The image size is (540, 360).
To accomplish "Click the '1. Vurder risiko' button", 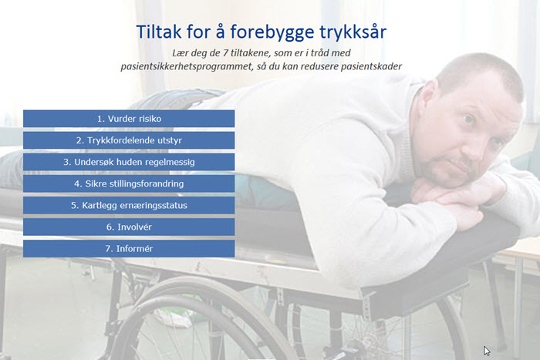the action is (x=129, y=119).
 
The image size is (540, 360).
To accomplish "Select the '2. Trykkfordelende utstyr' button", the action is (x=129, y=140).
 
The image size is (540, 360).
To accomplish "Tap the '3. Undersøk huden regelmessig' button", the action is (x=129, y=162).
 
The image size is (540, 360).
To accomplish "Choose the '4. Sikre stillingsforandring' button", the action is (x=129, y=183).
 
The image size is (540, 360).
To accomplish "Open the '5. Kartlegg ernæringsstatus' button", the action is (x=129, y=206).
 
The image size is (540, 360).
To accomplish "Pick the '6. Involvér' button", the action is (x=129, y=227).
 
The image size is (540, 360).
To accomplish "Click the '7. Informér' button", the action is (x=129, y=248).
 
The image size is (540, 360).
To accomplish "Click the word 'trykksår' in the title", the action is (x=353, y=32).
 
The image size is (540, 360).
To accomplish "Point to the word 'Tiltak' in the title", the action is (x=159, y=32).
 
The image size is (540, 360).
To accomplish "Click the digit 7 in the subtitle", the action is (x=225, y=53).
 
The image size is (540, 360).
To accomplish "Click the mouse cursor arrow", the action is (x=486, y=351).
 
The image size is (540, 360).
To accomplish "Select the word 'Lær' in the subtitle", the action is (x=180, y=53).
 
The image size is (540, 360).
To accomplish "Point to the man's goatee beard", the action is (x=444, y=172).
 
